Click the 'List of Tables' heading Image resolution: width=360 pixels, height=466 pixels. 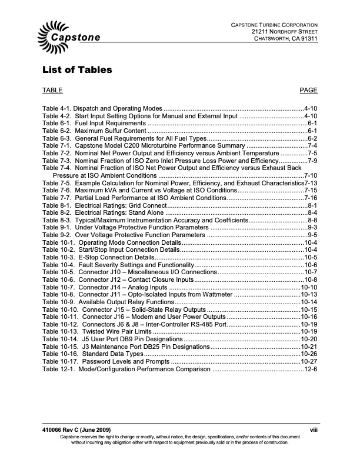click(x=77, y=71)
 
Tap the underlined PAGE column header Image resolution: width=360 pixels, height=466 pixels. click(x=308, y=90)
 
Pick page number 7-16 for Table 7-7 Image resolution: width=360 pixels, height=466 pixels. click(x=310, y=198)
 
